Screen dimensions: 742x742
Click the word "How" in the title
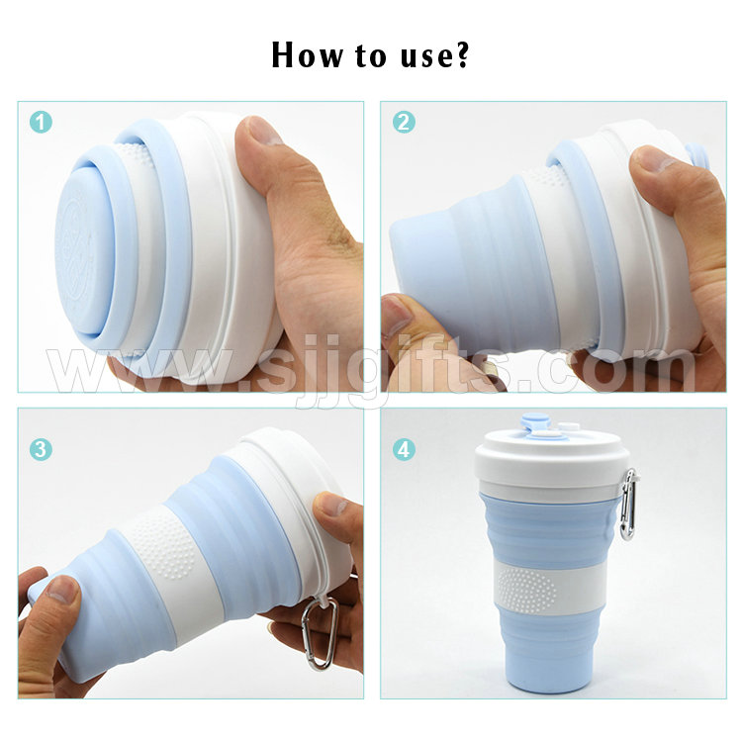[x=307, y=54]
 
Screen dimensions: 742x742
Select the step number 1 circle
[x=42, y=122]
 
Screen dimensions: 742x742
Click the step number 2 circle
[x=404, y=122]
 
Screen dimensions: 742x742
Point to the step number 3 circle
[x=42, y=449]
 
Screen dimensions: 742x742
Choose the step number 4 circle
[x=404, y=449]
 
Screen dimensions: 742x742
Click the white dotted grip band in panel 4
[x=550, y=588]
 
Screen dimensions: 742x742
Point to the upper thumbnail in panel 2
[x=653, y=159]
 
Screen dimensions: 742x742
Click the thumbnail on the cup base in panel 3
[x=61, y=589]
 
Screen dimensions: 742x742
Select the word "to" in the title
[x=371, y=55]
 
